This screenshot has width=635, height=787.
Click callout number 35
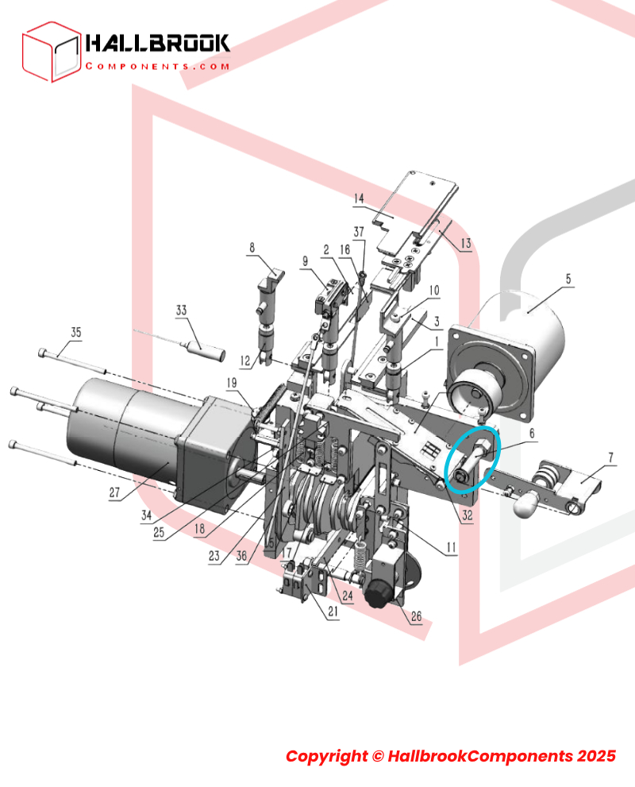click(x=75, y=332)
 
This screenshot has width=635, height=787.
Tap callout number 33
click(x=181, y=311)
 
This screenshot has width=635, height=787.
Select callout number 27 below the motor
click(x=114, y=492)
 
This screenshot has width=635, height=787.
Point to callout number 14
click(x=359, y=199)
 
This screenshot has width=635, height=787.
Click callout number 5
click(x=568, y=279)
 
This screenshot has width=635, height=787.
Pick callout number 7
click(x=610, y=457)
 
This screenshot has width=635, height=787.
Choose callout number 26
click(x=416, y=616)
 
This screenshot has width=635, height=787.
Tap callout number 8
click(x=252, y=248)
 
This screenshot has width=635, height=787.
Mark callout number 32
click(x=468, y=515)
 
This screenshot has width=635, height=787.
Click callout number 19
click(x=231, y=383)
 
